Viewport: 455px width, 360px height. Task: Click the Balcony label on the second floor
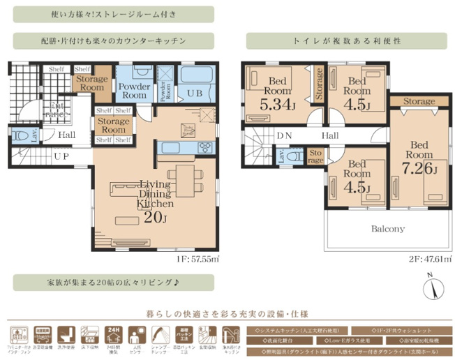click(387, 229)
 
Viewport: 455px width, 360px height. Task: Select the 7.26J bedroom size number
click(417, 169)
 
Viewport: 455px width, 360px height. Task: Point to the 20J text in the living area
click(154, 216)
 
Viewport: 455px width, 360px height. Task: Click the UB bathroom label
click(195, 91)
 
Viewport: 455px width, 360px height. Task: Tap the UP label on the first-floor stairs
click(61, 156)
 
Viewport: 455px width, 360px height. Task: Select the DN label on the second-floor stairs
click(284, 135)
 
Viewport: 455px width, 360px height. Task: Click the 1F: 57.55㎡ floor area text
click(197, 258)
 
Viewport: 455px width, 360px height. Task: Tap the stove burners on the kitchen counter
click(207, 147)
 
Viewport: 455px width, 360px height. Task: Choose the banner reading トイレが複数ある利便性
click(347, 40)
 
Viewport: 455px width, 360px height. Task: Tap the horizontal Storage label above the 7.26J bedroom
click(419, 102)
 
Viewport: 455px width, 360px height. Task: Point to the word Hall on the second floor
click(331, 135)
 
